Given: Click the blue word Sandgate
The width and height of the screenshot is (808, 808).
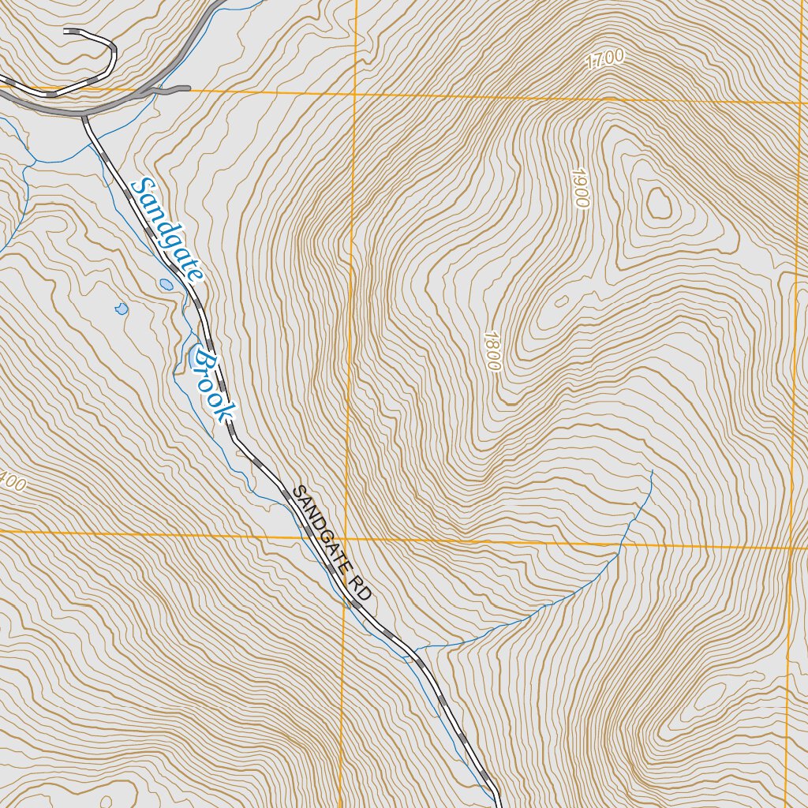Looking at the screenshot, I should pos(167,230).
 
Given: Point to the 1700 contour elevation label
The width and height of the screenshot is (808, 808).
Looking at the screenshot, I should pos(606,59).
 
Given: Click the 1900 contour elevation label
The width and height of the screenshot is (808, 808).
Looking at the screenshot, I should pos(580,188).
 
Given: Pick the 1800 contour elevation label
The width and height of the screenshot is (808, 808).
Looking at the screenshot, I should pos(491,350).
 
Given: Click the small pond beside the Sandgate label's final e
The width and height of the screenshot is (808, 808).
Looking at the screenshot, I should pos(166,284).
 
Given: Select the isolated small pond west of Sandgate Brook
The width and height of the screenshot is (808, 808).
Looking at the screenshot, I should pos(121,309).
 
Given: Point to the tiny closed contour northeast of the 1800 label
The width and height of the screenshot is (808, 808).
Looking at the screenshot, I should pos(561,301).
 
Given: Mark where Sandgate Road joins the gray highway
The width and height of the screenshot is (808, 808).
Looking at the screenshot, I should pos(84,117).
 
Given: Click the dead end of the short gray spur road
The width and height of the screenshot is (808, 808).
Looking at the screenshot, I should pos(189,88).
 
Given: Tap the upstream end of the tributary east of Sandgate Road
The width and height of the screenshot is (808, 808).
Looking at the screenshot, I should pos(653,471).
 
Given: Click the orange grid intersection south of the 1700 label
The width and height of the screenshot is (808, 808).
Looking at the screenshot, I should pos(354,95).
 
